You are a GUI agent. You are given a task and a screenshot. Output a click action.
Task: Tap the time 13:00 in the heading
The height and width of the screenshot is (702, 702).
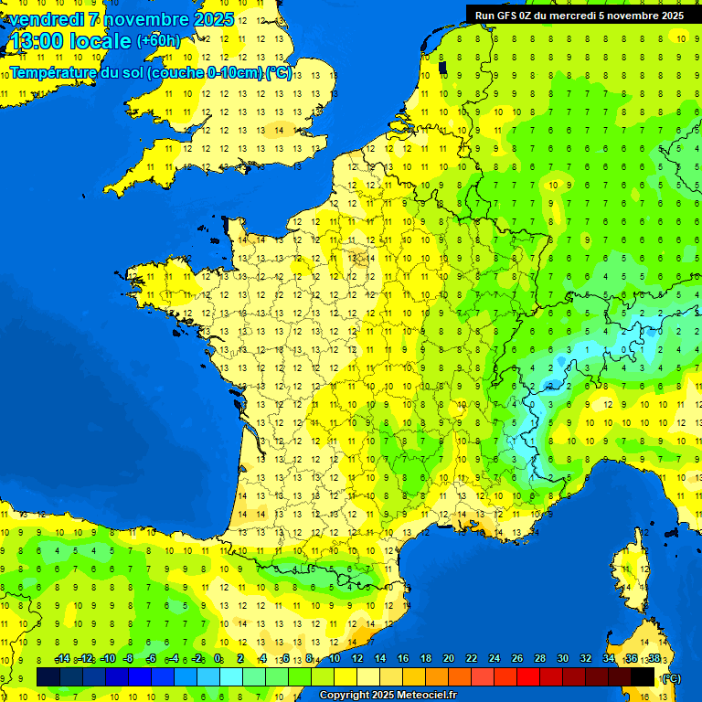tap(37, 41)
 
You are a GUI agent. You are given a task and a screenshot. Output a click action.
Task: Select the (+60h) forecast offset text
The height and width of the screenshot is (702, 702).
tap(158, 41)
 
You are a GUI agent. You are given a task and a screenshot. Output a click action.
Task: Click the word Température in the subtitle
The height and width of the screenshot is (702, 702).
tap(54, 73)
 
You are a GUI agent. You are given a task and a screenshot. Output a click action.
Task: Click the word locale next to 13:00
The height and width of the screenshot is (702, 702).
tap(101, 41)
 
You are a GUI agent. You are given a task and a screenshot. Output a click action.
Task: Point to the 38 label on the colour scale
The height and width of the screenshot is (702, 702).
tap(654, 659)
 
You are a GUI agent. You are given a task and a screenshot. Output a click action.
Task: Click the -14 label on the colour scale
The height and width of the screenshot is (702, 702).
tap(62, 659)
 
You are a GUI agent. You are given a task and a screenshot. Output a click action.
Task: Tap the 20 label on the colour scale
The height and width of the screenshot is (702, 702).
tap(448, 659)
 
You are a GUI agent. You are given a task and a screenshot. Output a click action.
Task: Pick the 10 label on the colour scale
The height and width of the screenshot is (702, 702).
tap(334, 659)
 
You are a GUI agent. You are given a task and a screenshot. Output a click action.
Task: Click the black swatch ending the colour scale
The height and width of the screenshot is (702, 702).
tap(643, 677)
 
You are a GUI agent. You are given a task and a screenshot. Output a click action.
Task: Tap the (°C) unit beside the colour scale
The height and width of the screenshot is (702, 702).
tap(671, 678)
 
